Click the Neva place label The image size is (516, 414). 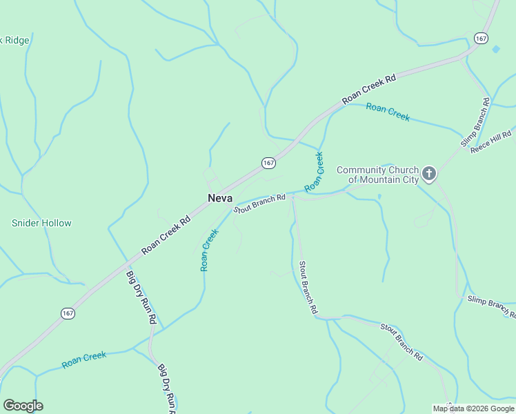pyautogui.click(x=219, y=198)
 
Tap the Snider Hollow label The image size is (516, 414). pyautogui.click(x=41, y=224)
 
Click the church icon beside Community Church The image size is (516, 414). pyautogui.click(x=429, y=173)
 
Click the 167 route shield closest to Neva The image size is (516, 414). pyautogui.click(x=269, y=162)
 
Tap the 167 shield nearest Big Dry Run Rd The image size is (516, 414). pyautogui.click(x=68, y=313)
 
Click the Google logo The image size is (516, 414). pyautogui.click(x=23, y=406)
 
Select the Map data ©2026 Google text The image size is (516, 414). pyautogui.click(x=473, y=408)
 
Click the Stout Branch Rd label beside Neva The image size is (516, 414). pyautogui.click(x=259, y=204)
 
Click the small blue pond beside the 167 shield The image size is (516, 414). pyautogui.click(x=496, y=50)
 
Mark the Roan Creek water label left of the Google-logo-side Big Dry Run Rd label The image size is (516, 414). pyautogui.click(x=84, y=359)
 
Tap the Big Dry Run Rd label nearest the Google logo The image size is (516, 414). pyautogui.click(x=167, y=388)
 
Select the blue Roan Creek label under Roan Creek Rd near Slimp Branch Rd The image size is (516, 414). pyautogui.click(x=388, y=112)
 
